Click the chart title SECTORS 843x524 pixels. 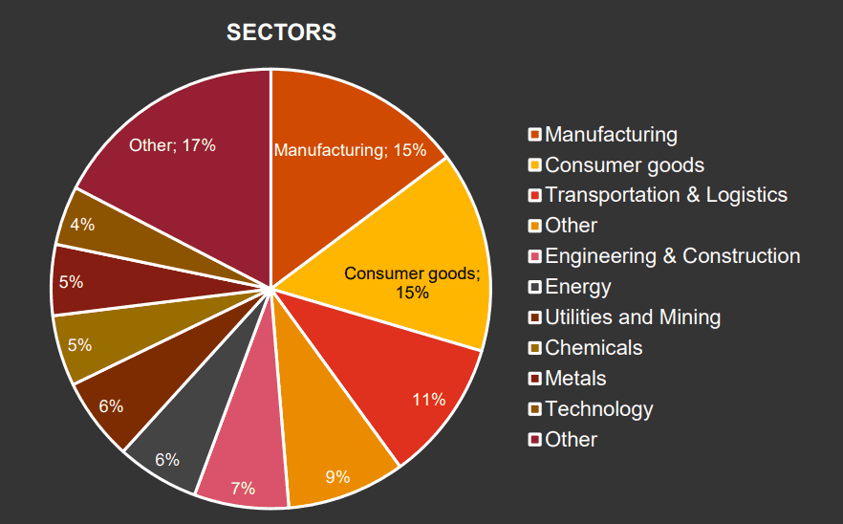[281, 33]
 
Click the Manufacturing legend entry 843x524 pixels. [611, 135]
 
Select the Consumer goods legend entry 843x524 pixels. [624, 165]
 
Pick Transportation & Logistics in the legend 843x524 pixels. [666, 195]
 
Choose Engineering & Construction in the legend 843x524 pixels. [672, 256]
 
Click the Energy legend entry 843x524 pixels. [577, 287]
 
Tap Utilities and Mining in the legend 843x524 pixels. [633, 317]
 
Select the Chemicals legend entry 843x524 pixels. [594, 348]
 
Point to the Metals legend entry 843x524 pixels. [575, 379]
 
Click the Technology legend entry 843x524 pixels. [598, 409]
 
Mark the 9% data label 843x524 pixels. [337, 475]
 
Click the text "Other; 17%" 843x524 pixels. [172, 145]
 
